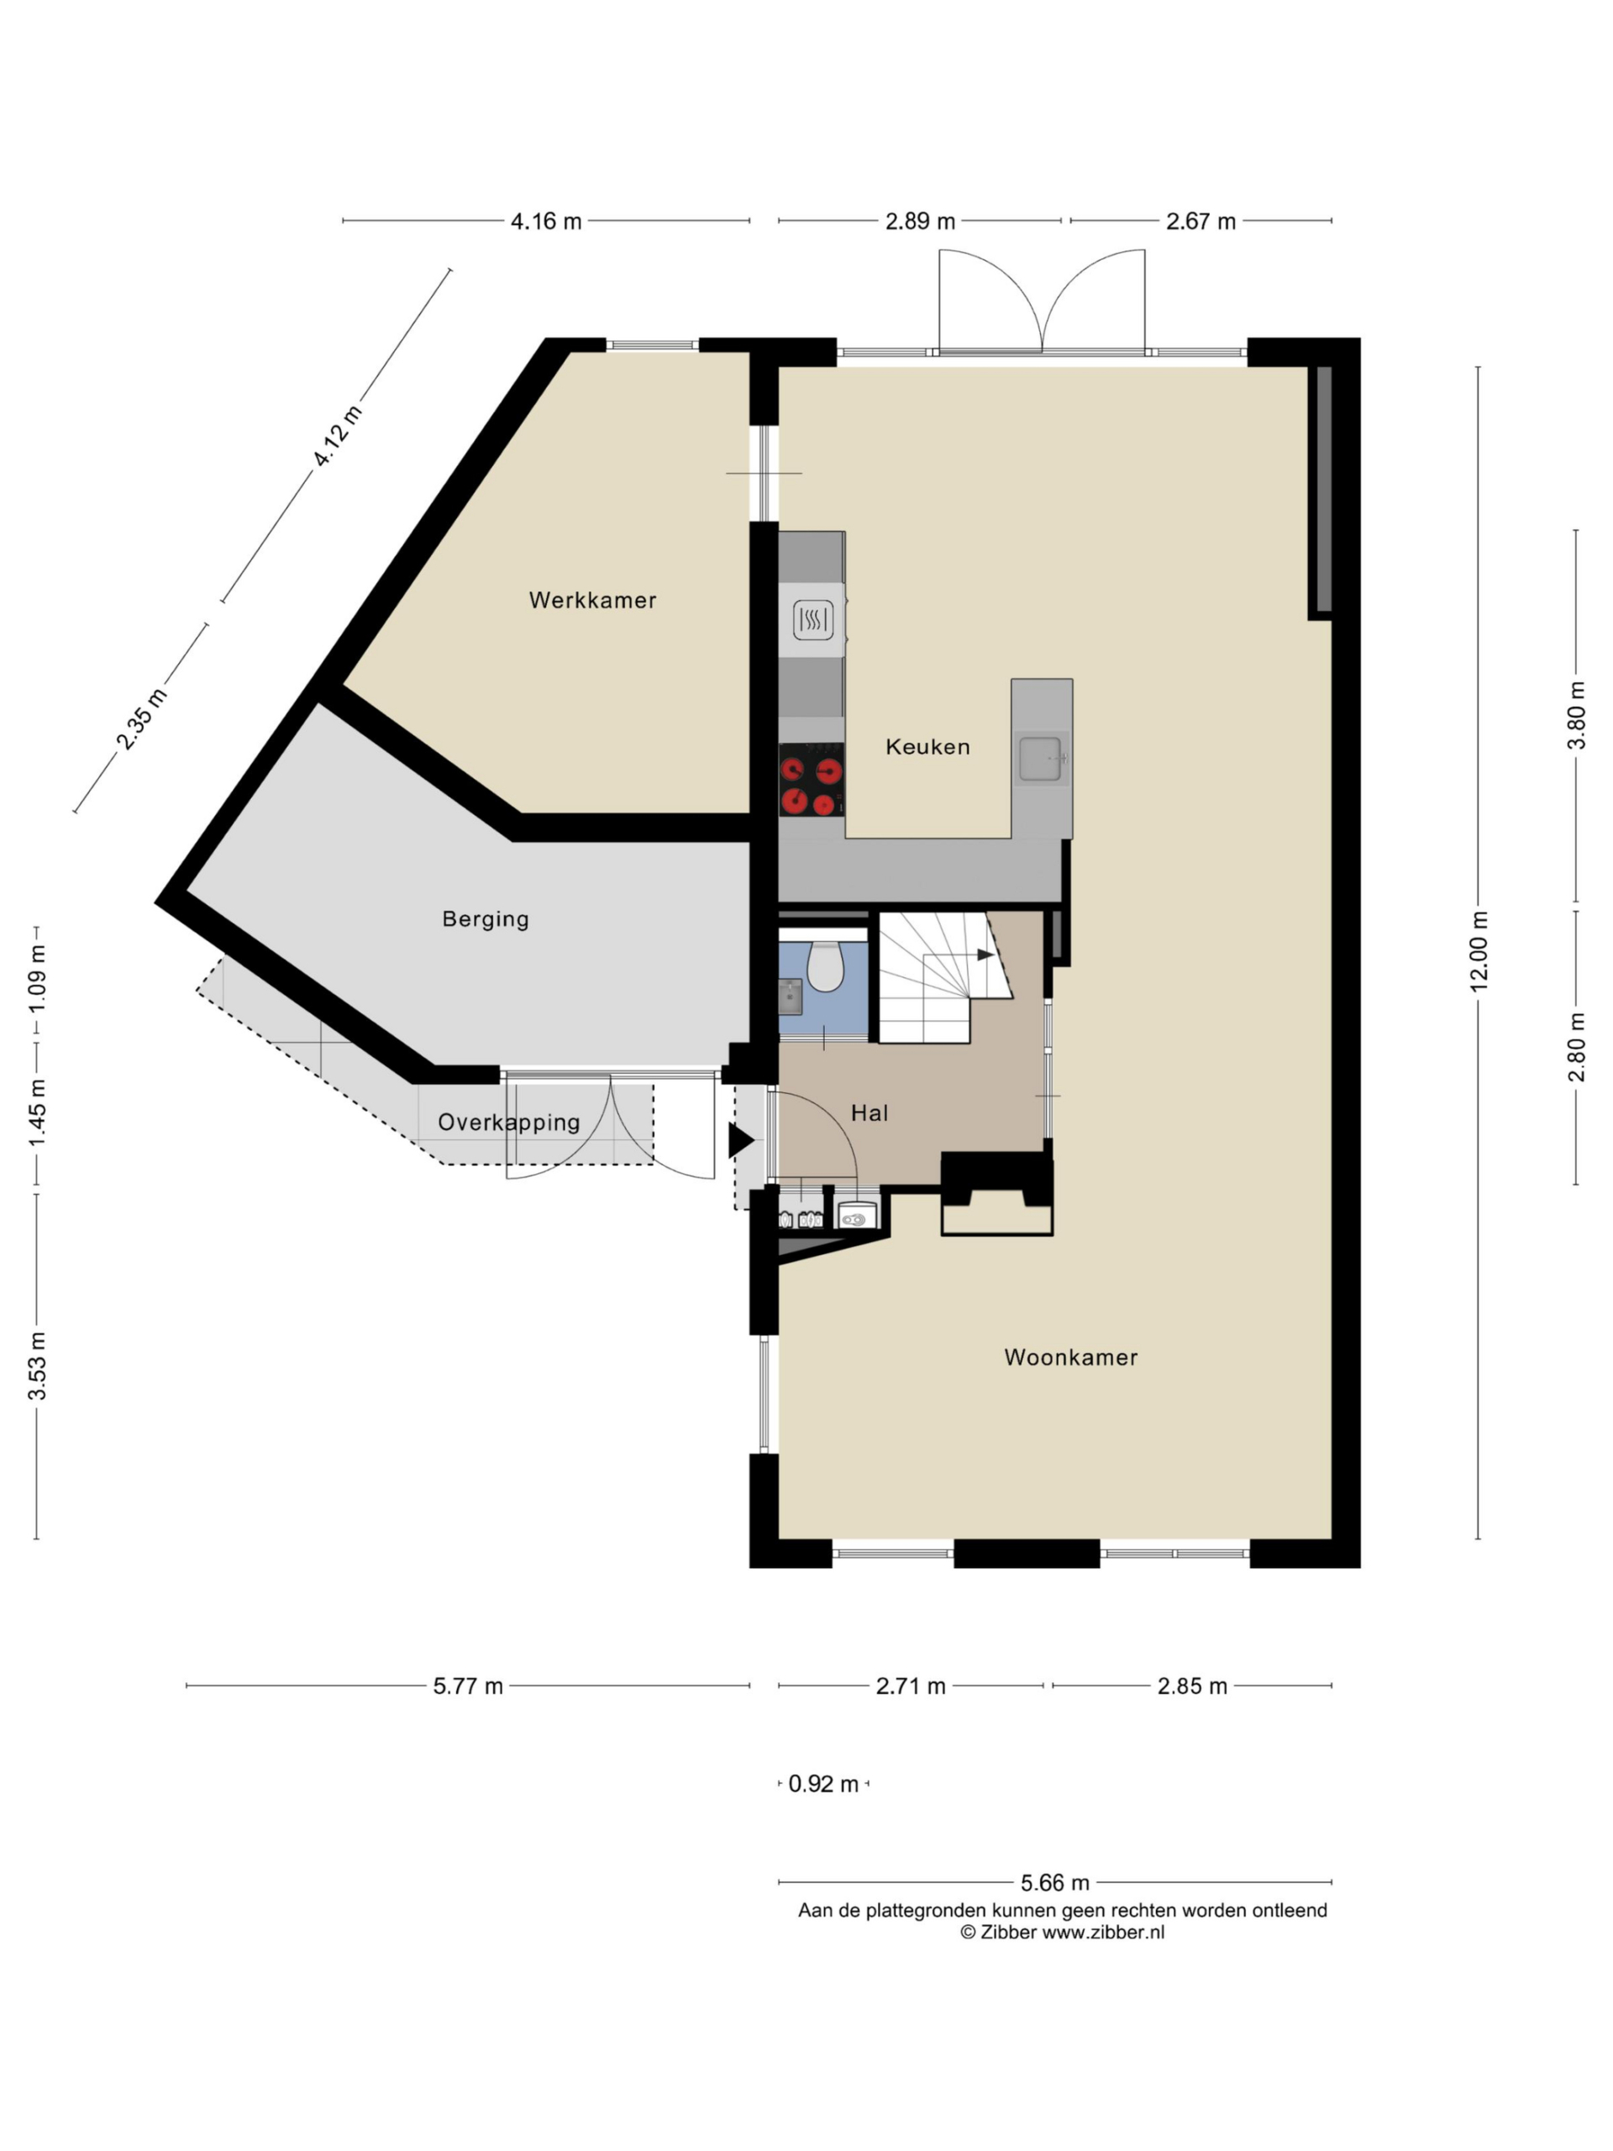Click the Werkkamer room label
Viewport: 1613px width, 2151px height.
(x=592, y=600)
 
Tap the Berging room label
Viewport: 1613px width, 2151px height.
(x=486, y=919)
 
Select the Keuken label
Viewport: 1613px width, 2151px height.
(x=927, y=747)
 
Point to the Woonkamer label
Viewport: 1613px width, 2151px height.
(x=1070, y=1356)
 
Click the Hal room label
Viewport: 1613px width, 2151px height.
(x=870, y=1112)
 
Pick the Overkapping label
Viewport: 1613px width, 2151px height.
(x=508, y=1123)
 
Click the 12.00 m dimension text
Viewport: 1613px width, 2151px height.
(x=1478, y=951)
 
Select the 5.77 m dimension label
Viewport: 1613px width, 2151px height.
(x=468, y=1686)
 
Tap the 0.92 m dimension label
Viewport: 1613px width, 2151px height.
(x=822, y=1784)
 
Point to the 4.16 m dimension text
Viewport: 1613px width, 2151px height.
(x=545, y=221)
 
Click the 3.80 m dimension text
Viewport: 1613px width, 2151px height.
(x=1576, y=715)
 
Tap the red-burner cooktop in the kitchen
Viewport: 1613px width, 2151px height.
(x=811, y=779)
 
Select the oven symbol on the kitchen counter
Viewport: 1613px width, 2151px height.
(x=812, y=619)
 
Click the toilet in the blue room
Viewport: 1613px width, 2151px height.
(x=824, y=966)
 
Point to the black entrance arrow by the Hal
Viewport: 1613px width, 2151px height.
(x=741, y=1141)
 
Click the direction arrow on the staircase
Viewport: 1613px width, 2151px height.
(x=985, y=955)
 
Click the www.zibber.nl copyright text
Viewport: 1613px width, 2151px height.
(x=1062, y=1933)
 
